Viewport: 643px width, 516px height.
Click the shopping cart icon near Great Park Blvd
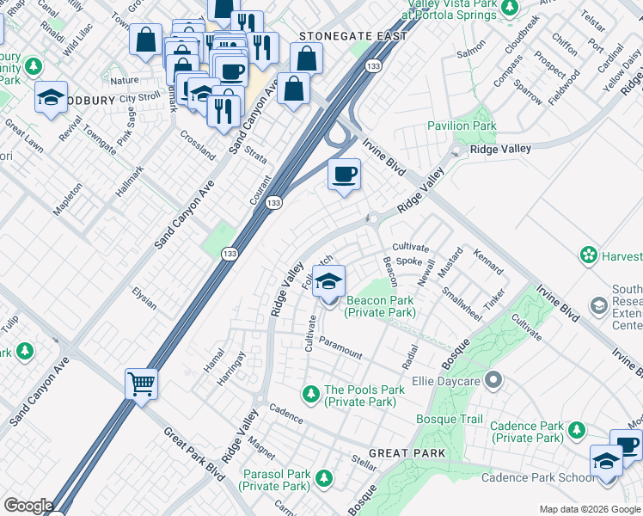(141, 383)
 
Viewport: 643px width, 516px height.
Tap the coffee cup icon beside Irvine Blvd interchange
(344, 175)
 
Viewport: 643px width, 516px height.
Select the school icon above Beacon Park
(328, 281)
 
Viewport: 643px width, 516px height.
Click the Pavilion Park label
(462, 126)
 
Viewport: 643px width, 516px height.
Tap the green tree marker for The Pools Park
(310, 393)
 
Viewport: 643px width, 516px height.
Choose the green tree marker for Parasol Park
(324, 477)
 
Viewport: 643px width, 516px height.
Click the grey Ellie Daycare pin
(493, 378)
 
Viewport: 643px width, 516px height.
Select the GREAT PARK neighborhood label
(407, 453)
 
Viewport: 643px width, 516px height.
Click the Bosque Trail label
(450, 419)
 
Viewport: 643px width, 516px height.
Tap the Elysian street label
(144, 298)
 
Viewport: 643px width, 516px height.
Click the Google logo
(28, 506)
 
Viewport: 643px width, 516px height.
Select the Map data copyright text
(589, 509)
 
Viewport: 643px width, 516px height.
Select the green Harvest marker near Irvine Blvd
(589, 255)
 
